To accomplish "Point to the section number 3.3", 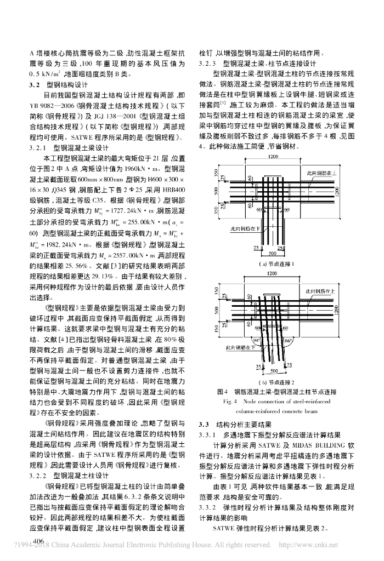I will [x=204, y=424].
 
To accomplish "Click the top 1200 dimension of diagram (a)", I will [x=273, y=158].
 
